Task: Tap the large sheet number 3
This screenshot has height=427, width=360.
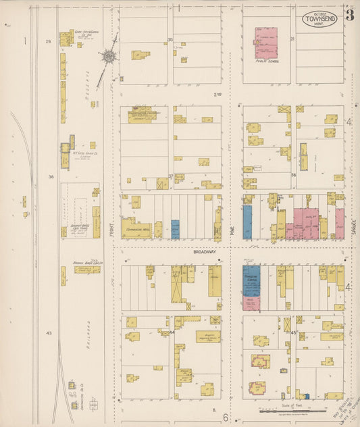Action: (350, 16)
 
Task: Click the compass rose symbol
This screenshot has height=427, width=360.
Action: (108, 58)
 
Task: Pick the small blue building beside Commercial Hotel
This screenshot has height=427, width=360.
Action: (176, 229)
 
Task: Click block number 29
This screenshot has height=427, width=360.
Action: (48, 42)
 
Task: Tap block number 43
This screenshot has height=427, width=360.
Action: (49, 333)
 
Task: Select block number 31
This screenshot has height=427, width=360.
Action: (292, 39)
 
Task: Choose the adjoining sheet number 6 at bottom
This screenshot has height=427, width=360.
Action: (226, 417)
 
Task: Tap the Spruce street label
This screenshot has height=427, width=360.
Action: (352, 230)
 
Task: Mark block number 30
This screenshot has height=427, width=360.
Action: (170, 40)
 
